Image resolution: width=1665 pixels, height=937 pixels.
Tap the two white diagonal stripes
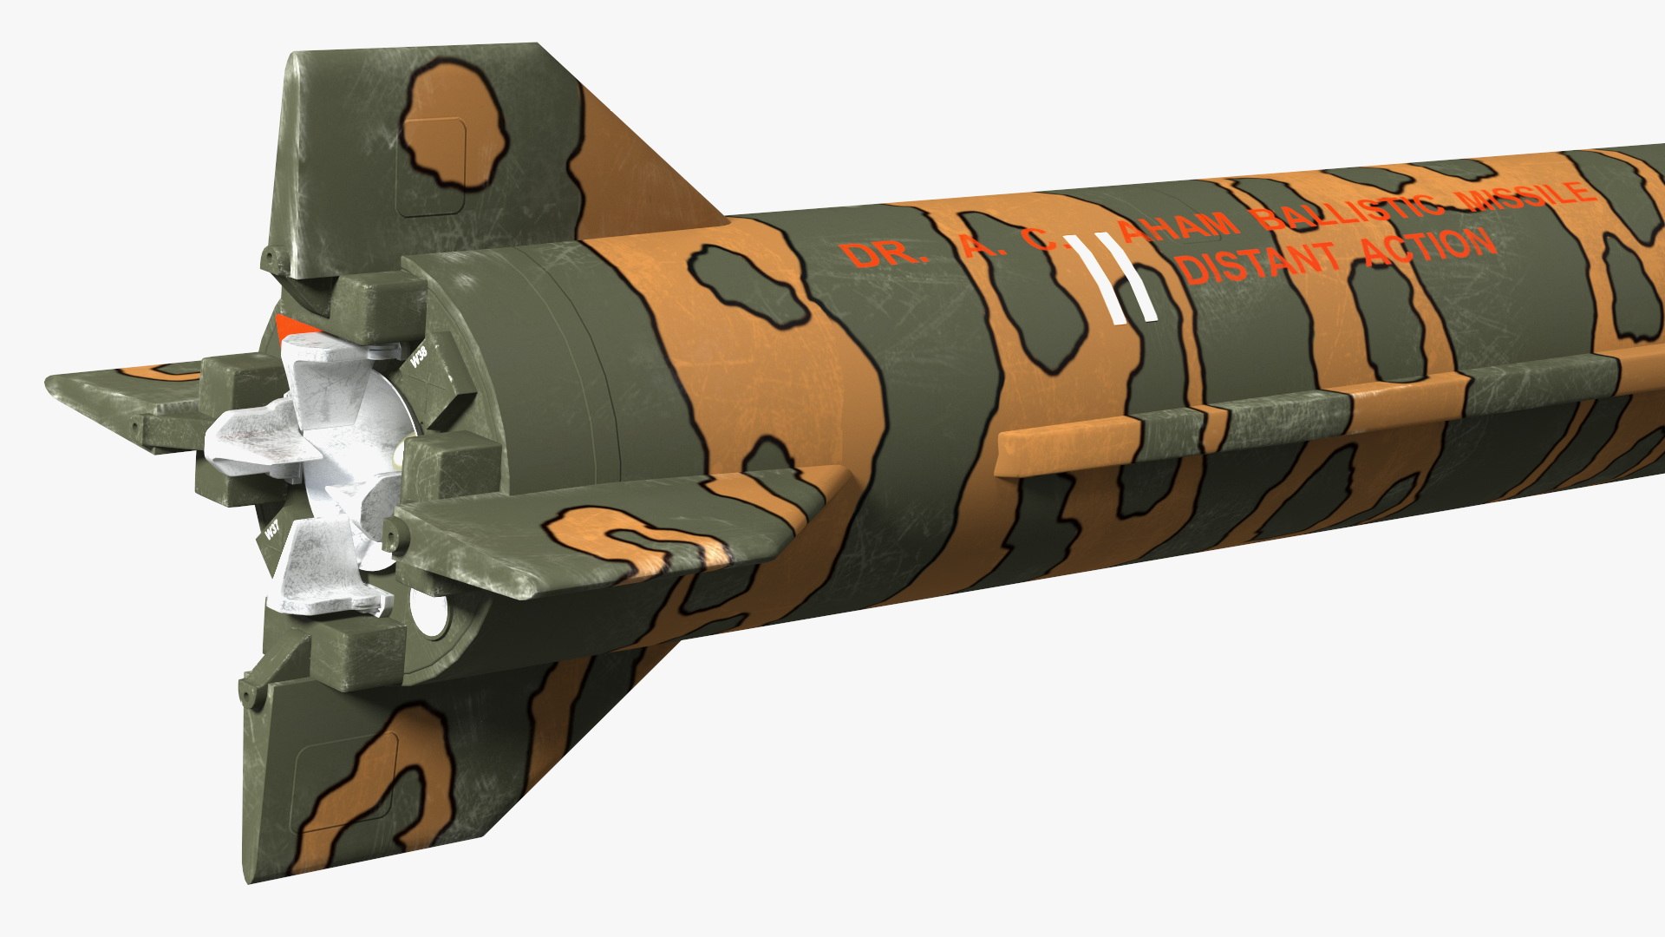tap(1113, 278)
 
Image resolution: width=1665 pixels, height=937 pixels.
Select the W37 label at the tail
tap(272, 530)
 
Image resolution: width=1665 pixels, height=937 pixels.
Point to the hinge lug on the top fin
tap(274, 258)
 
